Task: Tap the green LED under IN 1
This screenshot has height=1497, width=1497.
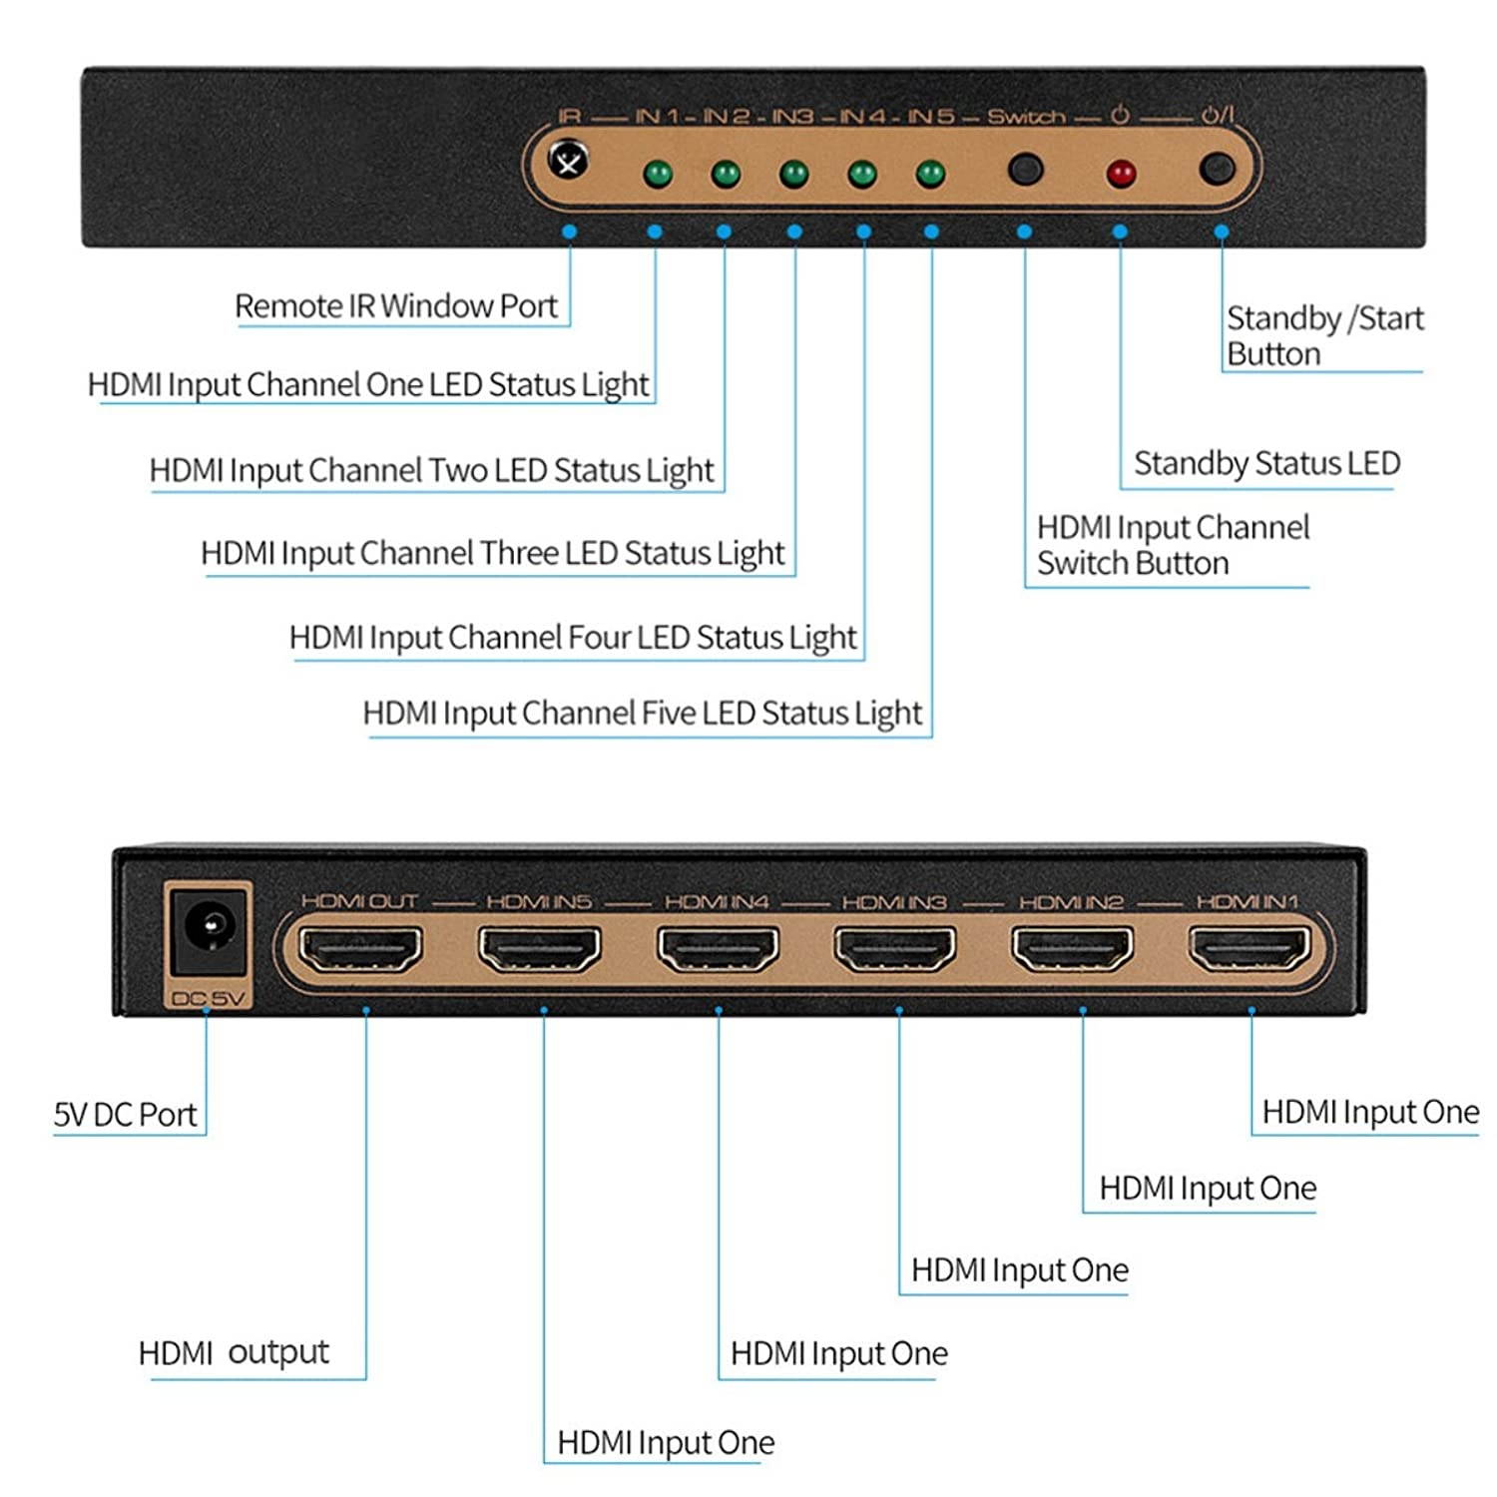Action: click(657, 175)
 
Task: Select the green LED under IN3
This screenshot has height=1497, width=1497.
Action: click(793, 175)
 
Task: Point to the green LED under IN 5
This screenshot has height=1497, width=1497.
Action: click(930, 175)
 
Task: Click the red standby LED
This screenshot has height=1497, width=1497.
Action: click(1121, 174)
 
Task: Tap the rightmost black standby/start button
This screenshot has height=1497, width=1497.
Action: click(1216, 169)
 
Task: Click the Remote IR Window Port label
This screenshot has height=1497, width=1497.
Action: click(396, 305)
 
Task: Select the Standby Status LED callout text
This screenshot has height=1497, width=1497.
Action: click(1266, 463)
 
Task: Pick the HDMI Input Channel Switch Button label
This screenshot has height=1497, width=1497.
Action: click(1172, 545)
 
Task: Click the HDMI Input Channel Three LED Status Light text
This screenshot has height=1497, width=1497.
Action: click(492, 553)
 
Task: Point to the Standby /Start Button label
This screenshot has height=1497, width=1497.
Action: click(1323, 335)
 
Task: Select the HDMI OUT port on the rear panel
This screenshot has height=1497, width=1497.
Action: click(360, 949)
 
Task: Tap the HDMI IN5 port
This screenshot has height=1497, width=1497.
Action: click(539, 949)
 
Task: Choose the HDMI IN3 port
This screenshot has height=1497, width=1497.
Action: click(895, 949)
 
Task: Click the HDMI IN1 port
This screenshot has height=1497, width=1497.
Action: click(1249, 949)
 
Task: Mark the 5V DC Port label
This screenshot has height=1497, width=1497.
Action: click(126, 1114)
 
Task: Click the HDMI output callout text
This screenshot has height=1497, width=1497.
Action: click(234, 1352)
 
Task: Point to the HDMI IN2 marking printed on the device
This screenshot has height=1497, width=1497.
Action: click(1071, 902)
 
